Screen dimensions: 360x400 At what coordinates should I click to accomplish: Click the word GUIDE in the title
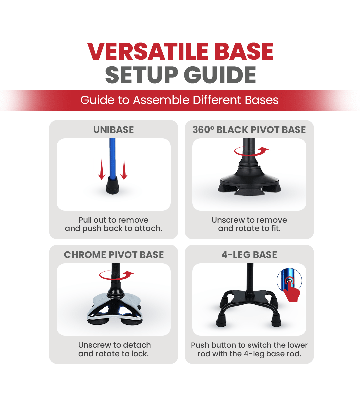click(x=220, y=75)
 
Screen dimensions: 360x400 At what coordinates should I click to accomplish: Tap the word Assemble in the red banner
click(x=161, y=100)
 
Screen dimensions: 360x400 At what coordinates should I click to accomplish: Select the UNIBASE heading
click(x=113, y=130)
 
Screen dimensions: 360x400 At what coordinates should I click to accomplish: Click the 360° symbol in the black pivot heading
click(x=203, y=130)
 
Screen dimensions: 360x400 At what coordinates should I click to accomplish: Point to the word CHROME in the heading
click(x=85, y=255)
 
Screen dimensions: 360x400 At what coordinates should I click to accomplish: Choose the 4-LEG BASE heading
click(x=249, y=255)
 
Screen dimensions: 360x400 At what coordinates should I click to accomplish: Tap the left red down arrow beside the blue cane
click(x=102, y=169)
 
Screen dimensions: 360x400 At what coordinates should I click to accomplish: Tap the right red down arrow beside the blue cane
click(x=124, y=169)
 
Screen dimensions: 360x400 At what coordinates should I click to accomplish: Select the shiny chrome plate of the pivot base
click(x=114, y=307)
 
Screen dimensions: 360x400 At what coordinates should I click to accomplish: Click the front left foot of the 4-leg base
click(x=221, y=320)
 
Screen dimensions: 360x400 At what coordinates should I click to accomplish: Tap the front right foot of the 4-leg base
click(x=277, y=320)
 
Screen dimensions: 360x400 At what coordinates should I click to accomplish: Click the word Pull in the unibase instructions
click(x=85, y=220)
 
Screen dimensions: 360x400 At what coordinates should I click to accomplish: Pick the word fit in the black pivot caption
click(x=276, y=228)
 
